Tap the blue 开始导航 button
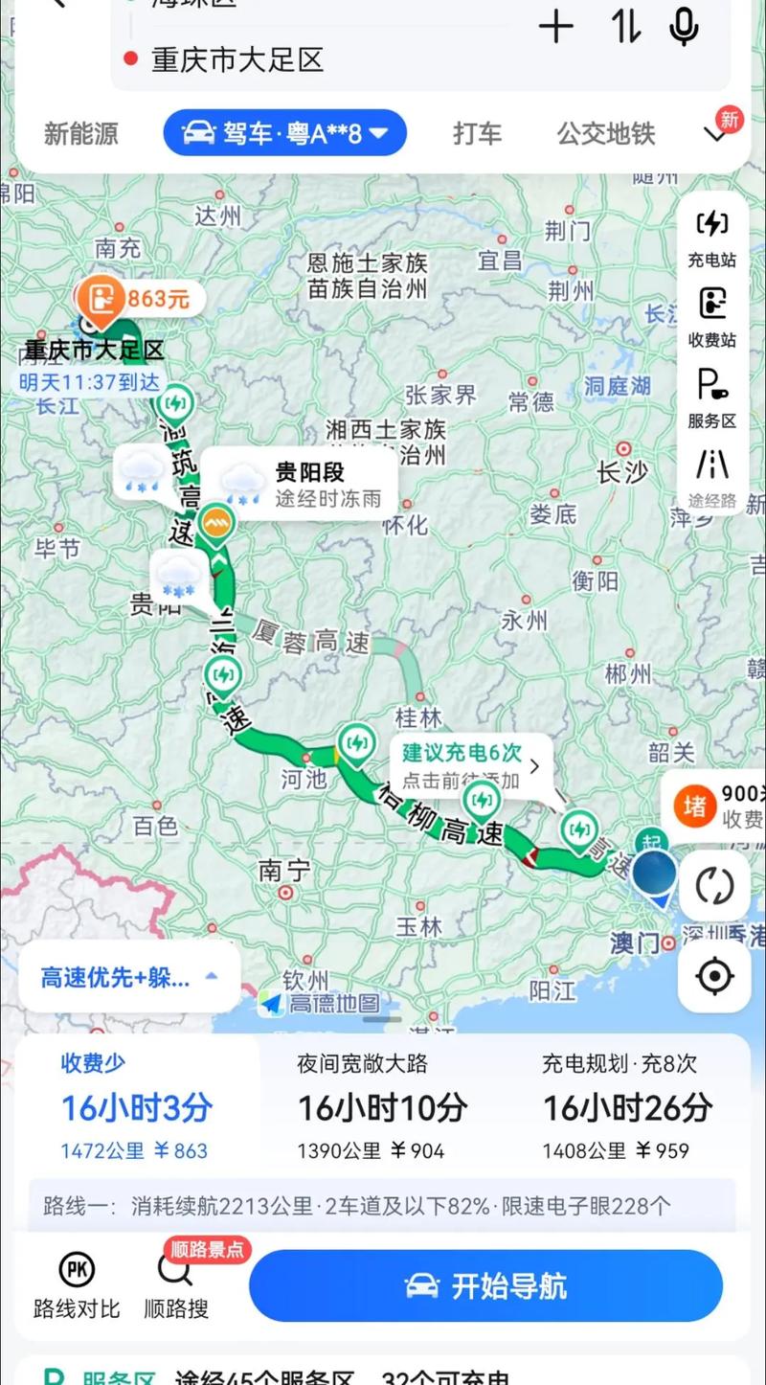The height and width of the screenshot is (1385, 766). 485,1285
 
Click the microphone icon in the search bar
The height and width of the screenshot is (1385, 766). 683,27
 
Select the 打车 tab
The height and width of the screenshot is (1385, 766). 477,133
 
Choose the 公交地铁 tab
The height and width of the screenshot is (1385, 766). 606,133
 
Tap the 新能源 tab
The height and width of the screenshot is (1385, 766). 81,133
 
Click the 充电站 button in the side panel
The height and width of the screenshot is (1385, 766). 711,238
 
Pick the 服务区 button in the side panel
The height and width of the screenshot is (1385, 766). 711,397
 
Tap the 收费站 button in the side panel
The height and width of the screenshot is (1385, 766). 711,318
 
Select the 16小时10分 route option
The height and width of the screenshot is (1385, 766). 382,1106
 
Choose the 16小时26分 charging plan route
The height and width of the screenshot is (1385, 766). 627,1106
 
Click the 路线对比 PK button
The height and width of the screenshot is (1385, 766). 77,1283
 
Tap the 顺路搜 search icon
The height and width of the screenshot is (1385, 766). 176,1283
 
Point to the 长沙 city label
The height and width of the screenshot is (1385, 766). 623,471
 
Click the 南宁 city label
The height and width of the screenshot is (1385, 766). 285,870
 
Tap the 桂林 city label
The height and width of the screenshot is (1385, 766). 418,716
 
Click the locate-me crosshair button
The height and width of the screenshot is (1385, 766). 714,976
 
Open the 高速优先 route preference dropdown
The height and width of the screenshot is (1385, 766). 129,977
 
